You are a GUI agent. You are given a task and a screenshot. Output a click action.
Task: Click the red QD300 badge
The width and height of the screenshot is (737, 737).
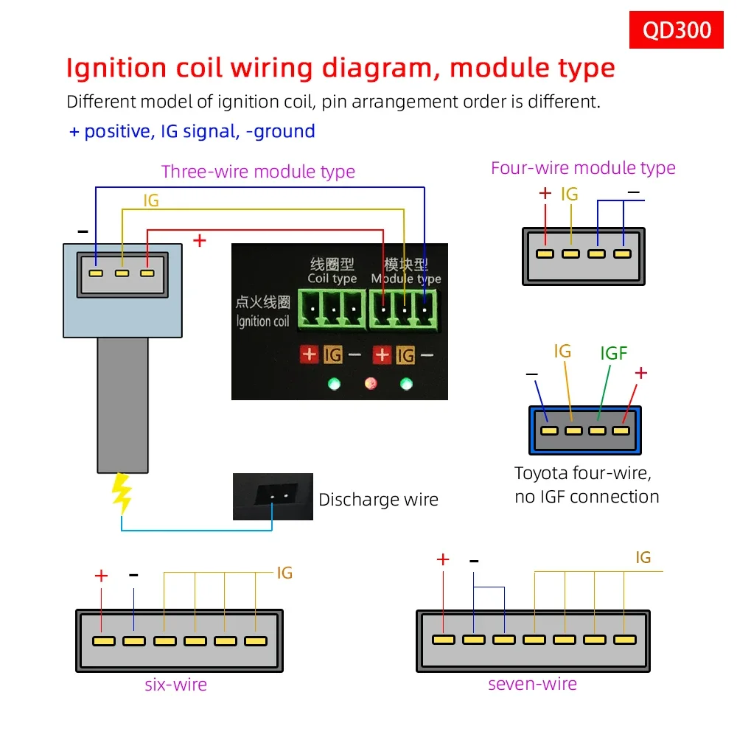point(677,29)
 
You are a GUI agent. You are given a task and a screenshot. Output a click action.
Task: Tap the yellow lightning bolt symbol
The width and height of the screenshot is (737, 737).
point(122,493)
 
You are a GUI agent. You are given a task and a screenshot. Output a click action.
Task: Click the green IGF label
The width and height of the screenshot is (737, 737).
point(613,354)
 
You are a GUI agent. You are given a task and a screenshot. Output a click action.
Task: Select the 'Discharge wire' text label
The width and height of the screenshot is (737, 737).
point(378,500)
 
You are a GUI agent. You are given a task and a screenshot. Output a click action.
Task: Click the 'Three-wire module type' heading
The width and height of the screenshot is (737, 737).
point(258,172)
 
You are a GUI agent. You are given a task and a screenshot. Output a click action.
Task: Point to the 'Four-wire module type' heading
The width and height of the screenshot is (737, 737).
point(583,168)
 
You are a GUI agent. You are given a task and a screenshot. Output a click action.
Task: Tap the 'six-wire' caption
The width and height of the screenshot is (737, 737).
point(175,685)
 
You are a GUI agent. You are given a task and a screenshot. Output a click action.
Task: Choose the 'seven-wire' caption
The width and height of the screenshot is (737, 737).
point(532,684)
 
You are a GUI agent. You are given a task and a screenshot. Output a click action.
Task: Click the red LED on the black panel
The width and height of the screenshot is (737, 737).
point(371,383)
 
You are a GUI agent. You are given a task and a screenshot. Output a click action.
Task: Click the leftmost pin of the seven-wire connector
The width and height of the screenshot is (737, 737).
point(444,640)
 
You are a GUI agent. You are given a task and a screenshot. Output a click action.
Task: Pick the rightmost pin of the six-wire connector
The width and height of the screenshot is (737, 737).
point(255,641)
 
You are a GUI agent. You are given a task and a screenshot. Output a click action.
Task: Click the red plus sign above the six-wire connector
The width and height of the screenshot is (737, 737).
point(101,576)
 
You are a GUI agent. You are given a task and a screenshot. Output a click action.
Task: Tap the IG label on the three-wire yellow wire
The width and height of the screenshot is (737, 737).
point(150,200)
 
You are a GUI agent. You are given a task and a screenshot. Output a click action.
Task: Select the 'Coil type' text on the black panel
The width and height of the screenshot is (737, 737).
point(332,279)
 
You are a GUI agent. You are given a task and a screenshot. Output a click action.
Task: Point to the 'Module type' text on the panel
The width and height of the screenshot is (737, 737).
point(406,279)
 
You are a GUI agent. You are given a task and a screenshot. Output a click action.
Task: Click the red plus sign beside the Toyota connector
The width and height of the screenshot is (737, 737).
point(640,373)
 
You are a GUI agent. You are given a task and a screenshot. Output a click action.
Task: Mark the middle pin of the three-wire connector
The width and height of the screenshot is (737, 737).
point(122,273)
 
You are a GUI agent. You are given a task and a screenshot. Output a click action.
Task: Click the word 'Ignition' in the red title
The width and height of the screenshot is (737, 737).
point(116,68)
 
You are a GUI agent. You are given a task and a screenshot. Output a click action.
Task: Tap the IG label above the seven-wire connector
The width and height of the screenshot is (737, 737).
point(643,558)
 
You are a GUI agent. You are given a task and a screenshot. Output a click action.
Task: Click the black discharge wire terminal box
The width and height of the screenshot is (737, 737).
point(273,497)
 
